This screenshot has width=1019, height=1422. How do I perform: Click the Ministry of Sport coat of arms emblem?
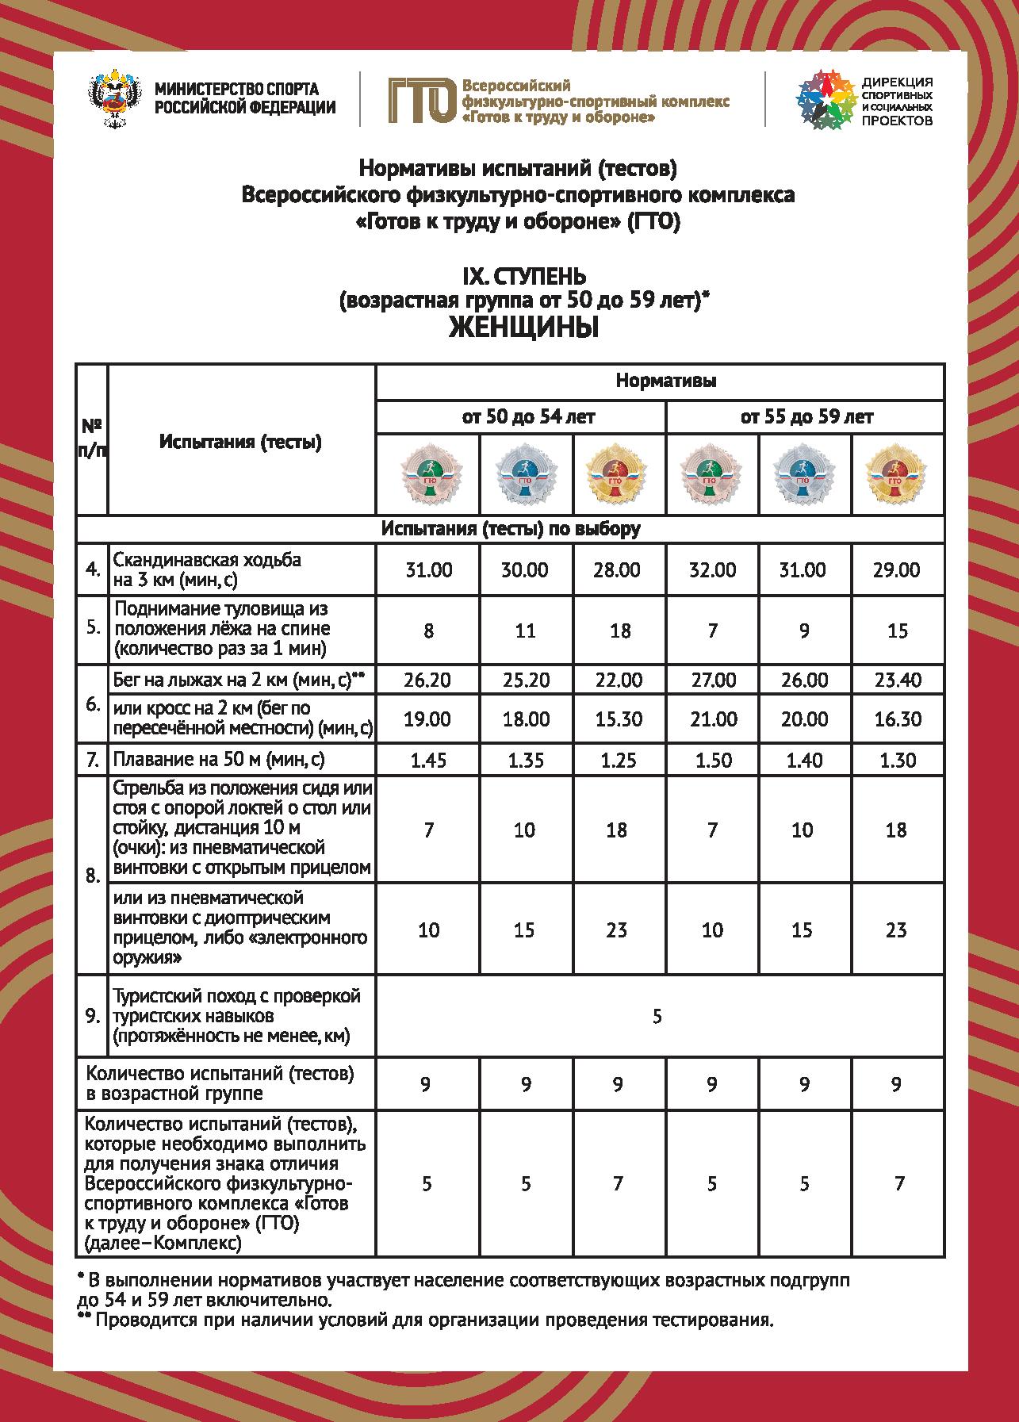[x=116, y=98]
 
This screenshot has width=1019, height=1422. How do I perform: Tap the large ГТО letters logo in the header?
[x=421, y=100]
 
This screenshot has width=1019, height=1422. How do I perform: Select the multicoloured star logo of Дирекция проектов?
[x=826, y=99]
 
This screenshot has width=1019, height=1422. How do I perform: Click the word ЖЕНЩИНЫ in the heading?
[x=523, y=326]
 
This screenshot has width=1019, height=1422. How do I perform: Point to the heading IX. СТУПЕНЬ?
[x=523, y=277]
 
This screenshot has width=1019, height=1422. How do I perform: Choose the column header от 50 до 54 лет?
[x=520, y=417]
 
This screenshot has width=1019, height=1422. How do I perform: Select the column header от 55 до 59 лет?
[x=804, y=417]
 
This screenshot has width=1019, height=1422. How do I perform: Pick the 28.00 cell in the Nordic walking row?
[x=616, y=570]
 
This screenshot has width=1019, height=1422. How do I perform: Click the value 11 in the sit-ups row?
[x=525, y=631]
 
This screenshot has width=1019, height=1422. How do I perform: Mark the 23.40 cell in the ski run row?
[x=896, y=680]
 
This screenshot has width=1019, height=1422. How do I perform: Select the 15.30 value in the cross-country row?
[x=616, y=719]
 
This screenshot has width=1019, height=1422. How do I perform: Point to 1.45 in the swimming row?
[x=428, y=761]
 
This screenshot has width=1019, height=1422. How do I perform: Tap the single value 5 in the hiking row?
[x=657, y=1017]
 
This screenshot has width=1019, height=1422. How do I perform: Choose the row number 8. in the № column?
[x=92, y=876]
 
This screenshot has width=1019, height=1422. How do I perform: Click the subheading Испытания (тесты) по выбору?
[x=510, y=529]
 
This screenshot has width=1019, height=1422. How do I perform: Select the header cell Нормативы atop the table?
[x=666, y=381]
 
